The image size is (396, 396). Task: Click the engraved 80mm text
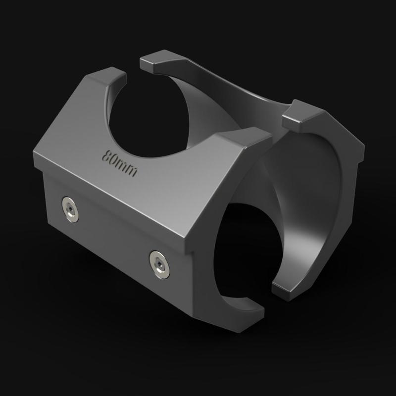pos(119,161)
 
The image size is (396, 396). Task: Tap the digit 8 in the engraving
pos(106,154)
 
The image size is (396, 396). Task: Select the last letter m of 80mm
pos(131,170)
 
